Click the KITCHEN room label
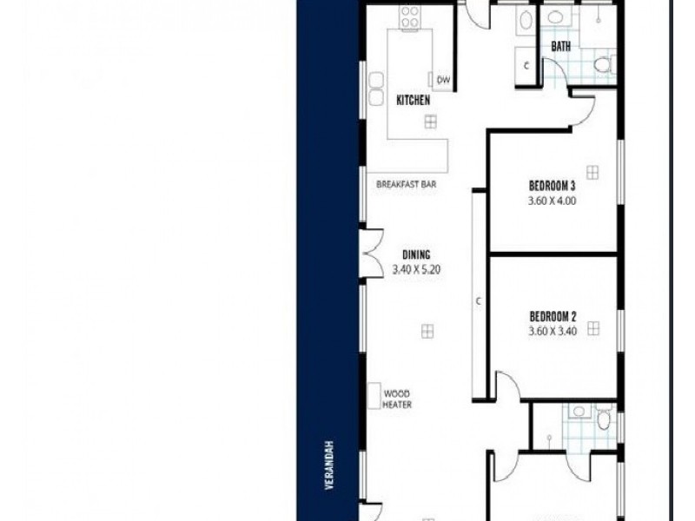pyautogui.click(x=414, y=101)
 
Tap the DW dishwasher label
pyautogui.click(x=443, y=80)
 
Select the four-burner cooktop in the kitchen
pyautogui.click(x=408, y=17)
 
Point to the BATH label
pyautogui.click(x=561, y=46)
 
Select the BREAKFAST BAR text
pyautogui.click(x=406, y=185)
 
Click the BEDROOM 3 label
pyautogui.click(x=553, y=186)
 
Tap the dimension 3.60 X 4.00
pyautogui.click(x=553, y=201)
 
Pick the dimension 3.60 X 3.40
pyautogui.click(x=553, y=331)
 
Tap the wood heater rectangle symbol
pyautogui.click(x=373, y=398)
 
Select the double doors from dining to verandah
pyautogui.click(x=372, y=253)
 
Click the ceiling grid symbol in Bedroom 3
pyautogui.click(x=592, y=170)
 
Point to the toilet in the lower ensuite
pyautogui.click(x=604, y=421)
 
